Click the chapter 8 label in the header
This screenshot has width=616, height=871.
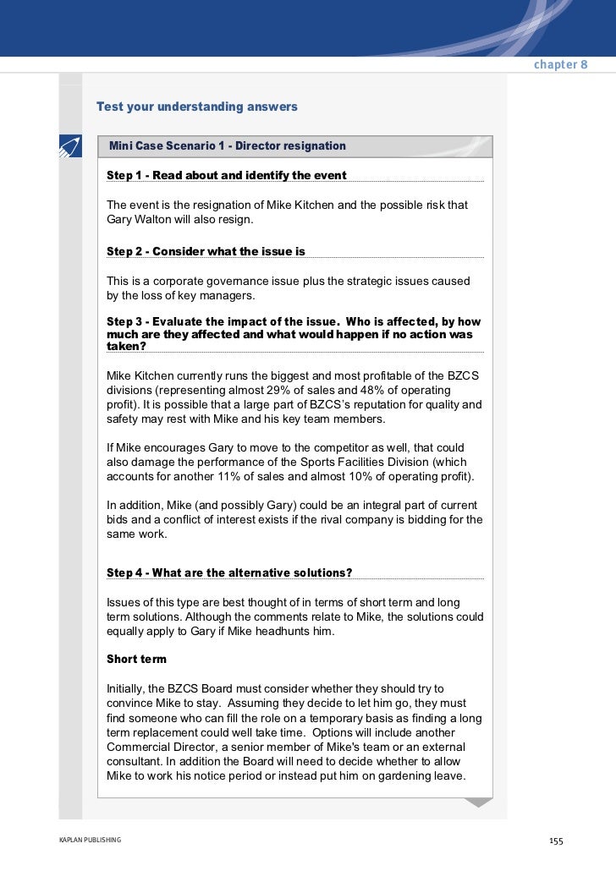point(560,65)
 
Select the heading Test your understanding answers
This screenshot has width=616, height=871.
point(197,107)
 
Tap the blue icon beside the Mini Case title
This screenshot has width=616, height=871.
point(69,146)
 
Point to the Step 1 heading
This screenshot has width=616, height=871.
point(226,175)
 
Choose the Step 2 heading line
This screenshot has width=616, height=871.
point(206,251)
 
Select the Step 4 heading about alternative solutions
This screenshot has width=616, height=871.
point(229,572)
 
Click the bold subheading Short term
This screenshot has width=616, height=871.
point(136,659)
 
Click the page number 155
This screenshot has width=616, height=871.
point(556,841)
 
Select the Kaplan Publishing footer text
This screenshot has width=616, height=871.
point(90,840)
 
